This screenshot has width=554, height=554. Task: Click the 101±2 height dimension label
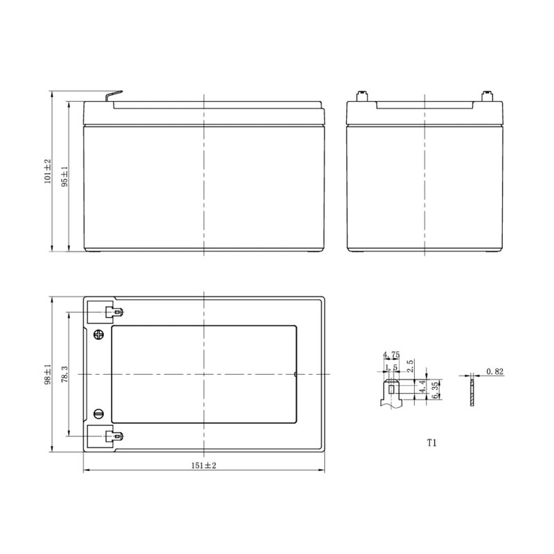pos(47,171)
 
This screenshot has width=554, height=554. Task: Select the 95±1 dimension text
pos(64,177)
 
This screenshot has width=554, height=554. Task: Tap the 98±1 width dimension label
pos(47,374)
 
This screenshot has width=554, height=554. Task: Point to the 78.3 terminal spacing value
pos(64,374)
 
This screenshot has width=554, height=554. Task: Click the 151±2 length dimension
pos(204,465)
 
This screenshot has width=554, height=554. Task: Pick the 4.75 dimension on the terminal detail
pos(391,355)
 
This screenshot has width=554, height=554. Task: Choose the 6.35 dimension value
pos(436,389)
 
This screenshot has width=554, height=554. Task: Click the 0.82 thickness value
pos(494,371)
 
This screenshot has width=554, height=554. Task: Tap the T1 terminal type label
pos(431,443)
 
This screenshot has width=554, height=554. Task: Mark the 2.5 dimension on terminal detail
pos(410,366)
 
